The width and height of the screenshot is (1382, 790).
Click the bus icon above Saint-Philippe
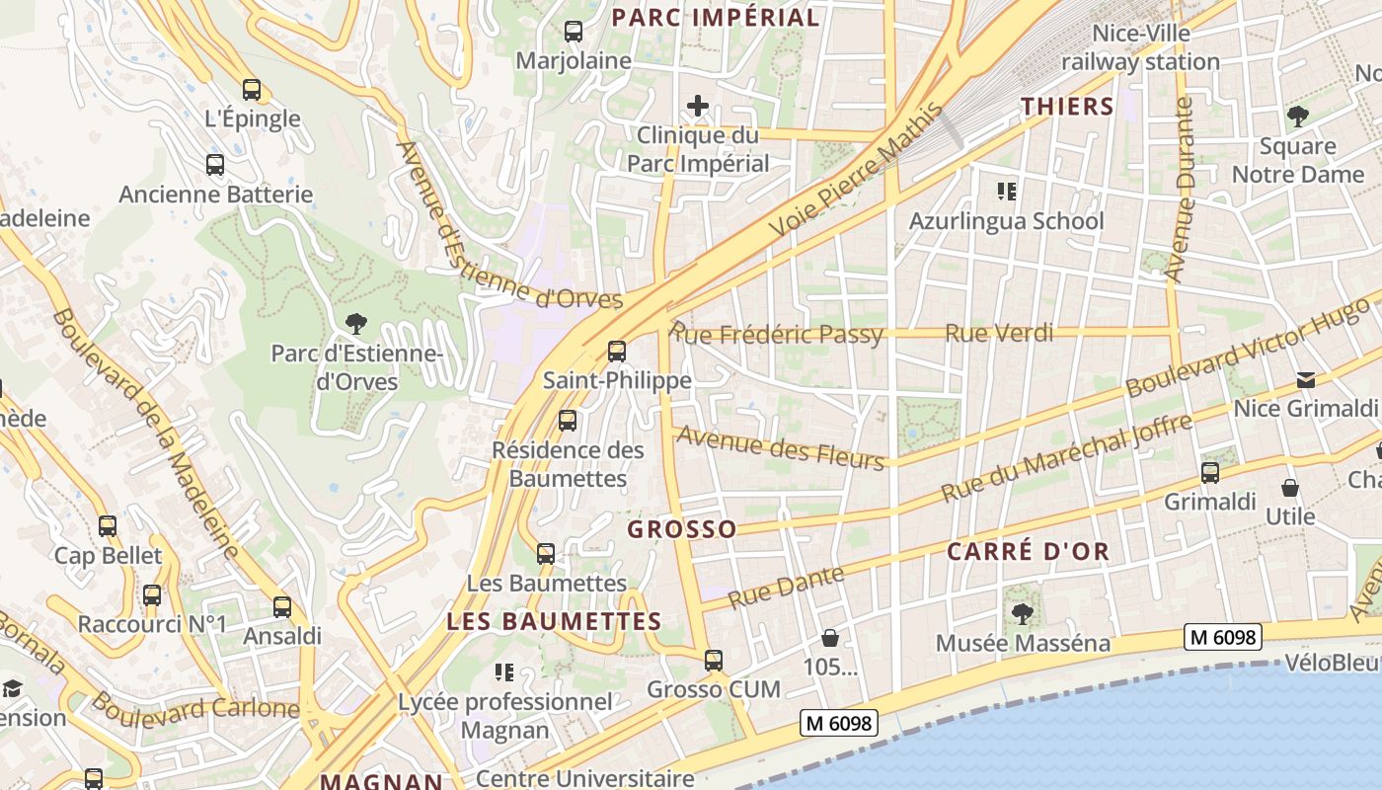(617, 351)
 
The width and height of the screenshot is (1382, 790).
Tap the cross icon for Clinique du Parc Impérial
(698, 105)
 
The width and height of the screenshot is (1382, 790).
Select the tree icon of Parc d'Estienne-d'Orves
(355, 323)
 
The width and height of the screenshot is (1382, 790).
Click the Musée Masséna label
(1023, 643)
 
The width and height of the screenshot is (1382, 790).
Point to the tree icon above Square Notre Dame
(1297, 117)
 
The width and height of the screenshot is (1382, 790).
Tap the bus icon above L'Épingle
(252, 90)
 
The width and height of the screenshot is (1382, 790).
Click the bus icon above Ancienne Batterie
(215, 165)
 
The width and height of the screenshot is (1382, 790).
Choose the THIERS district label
(1067, 107)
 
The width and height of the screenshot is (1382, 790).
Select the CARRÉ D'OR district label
(1029, 551)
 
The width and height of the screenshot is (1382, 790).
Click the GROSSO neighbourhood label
(682, 529)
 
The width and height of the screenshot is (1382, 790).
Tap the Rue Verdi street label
(999, 333)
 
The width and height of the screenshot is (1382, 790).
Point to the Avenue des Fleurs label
(780, 447)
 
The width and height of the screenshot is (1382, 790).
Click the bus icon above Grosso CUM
(714, 660)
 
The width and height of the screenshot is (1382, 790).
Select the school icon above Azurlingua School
(1006, 191)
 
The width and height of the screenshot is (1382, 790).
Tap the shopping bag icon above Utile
(1290, 488)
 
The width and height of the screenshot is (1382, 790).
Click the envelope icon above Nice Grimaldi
(1306, 380)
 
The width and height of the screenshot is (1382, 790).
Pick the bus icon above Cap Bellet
(108, 526)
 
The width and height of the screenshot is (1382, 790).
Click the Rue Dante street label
(786, 587)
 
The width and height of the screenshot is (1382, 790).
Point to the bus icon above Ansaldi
(282, 607)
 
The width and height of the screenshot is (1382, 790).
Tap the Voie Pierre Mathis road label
(856, 173)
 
